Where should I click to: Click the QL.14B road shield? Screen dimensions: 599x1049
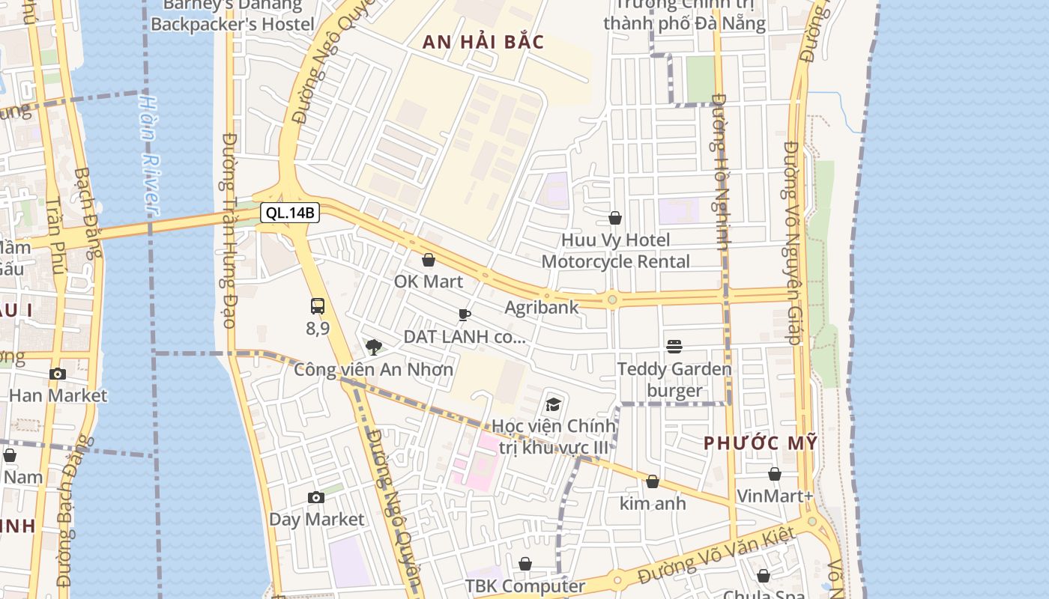pos(291,213)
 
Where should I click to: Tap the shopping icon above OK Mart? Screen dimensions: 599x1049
pos(429,260)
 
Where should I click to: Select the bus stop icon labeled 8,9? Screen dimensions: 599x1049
pos(318,306)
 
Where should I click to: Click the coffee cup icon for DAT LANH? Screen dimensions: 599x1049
pos(464,315)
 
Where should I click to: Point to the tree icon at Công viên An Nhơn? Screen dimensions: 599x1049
pos(373,347)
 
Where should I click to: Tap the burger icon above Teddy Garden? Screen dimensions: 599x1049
pos(674,347)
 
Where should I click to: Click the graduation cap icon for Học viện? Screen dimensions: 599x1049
pos(553,405)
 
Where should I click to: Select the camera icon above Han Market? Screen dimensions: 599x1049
pos(58,374)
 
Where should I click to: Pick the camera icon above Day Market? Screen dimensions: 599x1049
pos(316,497)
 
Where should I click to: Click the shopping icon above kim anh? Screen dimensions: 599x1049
pos(653,481)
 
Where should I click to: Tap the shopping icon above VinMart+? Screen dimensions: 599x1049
pos(775,474)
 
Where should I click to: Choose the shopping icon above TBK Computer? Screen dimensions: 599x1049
pos(525,564)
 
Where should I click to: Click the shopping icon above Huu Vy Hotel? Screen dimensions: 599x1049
pos(615,218)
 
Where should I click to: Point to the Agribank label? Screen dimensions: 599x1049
pos(542,307)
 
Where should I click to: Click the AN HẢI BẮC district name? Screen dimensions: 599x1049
pos(483,42)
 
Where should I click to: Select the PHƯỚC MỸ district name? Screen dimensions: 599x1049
pos(761,443)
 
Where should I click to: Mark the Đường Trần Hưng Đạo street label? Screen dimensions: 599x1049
pos(230,231)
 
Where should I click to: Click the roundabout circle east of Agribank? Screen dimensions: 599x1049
pos(612,300)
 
